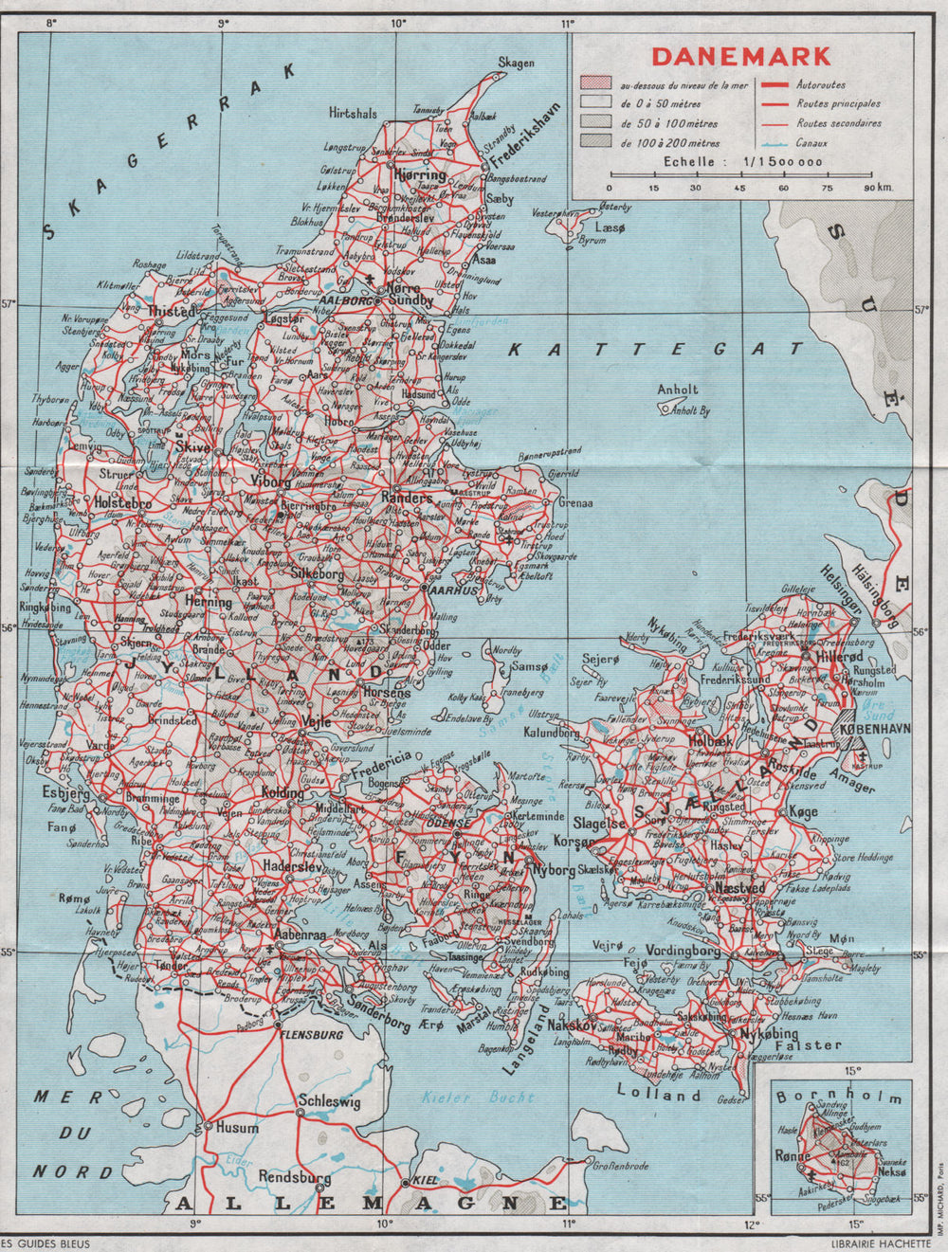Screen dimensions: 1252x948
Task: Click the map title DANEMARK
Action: [741, 56]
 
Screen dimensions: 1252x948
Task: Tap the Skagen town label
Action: [517, 64]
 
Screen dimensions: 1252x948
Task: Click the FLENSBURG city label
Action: [305, 1034]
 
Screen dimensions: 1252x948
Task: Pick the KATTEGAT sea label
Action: [654, 350]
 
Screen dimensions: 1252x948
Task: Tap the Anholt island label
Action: [677, 390]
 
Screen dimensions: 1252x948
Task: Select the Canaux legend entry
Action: [812, 143]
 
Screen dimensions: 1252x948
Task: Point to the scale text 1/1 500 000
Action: [776, 162]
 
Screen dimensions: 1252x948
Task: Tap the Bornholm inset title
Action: [839, 1097]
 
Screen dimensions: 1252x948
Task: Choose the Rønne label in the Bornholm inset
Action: [792, 1155]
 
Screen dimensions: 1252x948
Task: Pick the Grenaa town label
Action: [574, 503]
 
